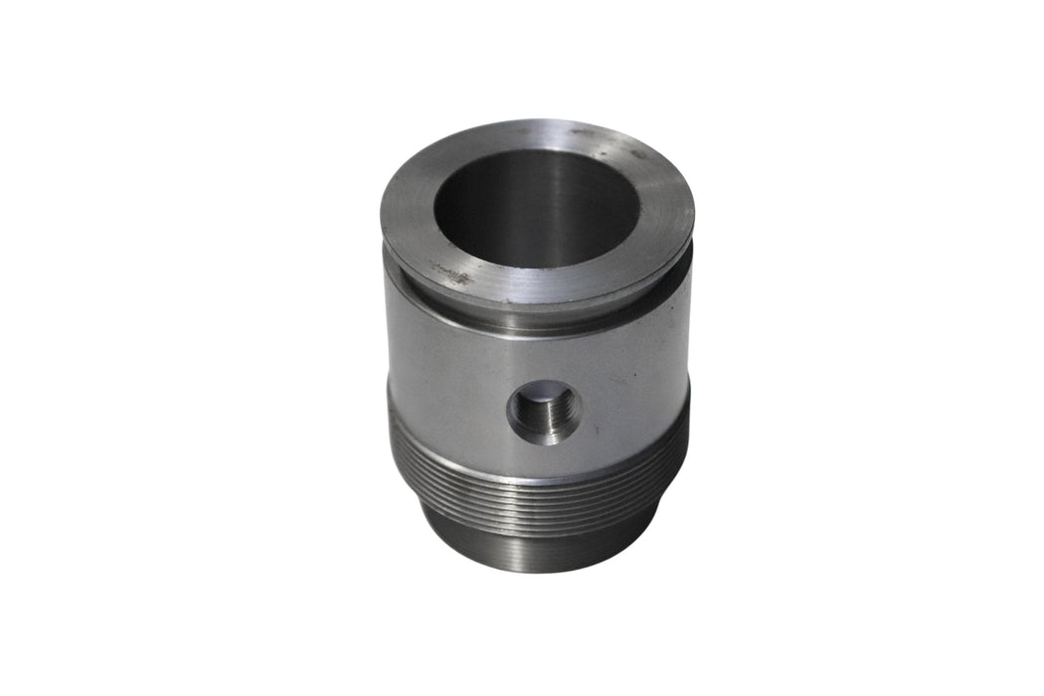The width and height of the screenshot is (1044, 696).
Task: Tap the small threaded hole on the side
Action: pyautogui.click(x=544, y=410)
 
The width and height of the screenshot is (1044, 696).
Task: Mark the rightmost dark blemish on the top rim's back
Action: pyautogui.click(x=636, y=154)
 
